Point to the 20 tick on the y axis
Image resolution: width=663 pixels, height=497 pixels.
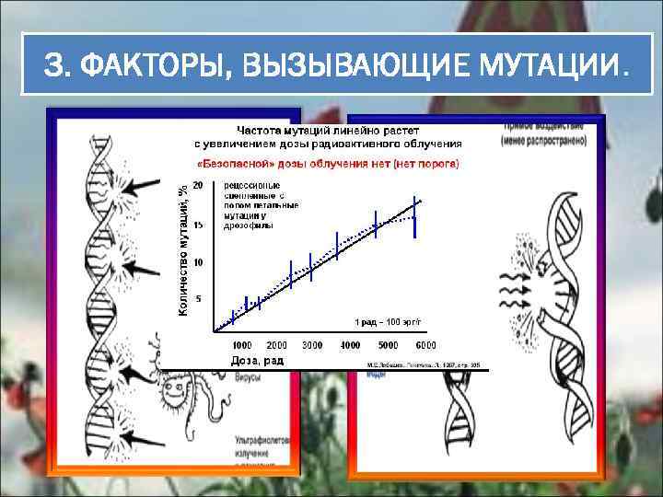[197, 184]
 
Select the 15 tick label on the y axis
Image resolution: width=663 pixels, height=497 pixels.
[197, 224]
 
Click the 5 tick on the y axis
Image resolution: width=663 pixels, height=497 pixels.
[200, 298]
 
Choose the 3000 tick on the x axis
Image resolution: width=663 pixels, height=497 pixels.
[312, 345]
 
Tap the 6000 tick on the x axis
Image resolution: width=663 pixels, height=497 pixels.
[425, 345]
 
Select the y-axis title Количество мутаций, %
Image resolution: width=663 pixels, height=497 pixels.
[183, 248]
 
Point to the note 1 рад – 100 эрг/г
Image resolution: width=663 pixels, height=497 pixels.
[389, 321]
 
